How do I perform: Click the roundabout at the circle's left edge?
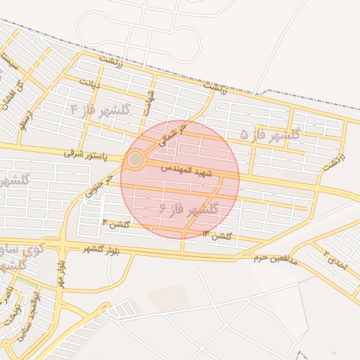(x=136, y=160)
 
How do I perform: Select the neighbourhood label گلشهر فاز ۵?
(x=270, y=134)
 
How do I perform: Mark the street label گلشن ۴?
(x=117, y=224)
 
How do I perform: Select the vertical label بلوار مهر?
(x=61, y=275)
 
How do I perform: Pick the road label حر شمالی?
(x=174, y=134)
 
